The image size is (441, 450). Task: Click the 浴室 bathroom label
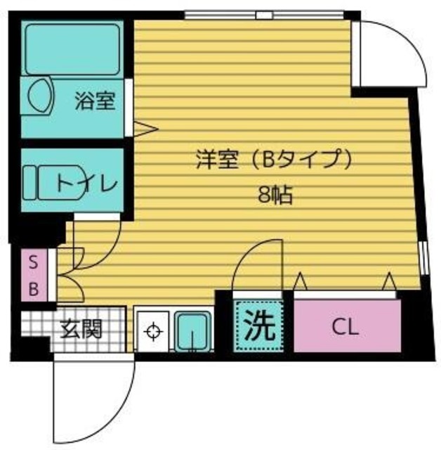(x=95, y=102)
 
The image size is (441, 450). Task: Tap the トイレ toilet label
(x=86, y=184)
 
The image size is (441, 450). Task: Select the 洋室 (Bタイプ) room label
(x=272, y=161)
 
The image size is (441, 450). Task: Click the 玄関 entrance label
(x=81, y=328)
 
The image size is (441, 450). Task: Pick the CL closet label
(x=345, y=327)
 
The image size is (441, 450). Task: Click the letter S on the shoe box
(x=32, y=263)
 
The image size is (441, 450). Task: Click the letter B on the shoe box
(x=32, y=288)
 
